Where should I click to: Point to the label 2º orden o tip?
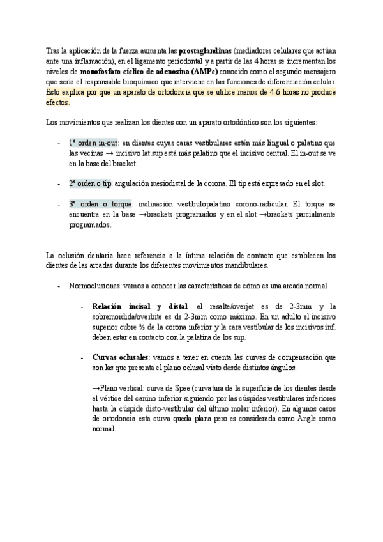[x=91, y=183]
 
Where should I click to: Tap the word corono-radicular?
[x=249, y=204]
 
